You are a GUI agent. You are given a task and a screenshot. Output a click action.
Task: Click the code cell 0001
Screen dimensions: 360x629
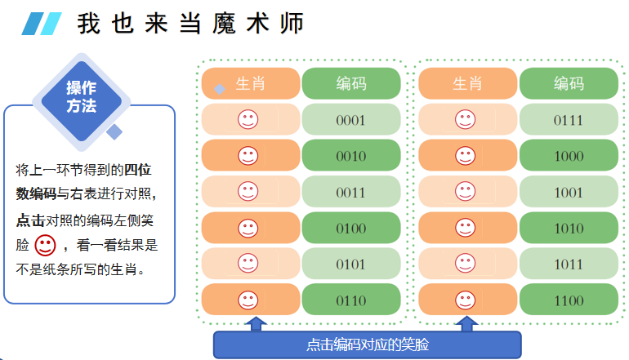point(350,120)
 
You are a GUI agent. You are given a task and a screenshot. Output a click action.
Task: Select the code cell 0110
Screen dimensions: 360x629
point(350,300)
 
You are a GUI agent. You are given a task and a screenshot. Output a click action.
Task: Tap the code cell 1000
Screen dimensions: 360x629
point(569,156)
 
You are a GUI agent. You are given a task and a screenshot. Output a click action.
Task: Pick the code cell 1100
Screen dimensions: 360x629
point(569,300)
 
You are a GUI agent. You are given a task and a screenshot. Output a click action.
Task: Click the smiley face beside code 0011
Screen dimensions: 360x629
point(248,192)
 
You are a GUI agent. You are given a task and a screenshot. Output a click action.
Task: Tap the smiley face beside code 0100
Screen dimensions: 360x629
point(248,228)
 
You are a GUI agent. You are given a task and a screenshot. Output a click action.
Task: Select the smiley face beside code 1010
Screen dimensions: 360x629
point(465,228)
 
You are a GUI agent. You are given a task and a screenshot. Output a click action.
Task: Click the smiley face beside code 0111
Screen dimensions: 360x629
point(465,120)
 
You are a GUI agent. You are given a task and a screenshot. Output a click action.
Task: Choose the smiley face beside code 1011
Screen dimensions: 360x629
point(465,264)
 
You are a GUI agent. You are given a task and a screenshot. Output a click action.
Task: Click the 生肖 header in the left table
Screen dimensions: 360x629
point(251,83)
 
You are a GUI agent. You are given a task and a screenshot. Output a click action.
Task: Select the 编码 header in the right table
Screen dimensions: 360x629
point(569,83)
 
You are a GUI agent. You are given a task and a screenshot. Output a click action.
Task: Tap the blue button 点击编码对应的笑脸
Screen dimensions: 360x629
point(367,344)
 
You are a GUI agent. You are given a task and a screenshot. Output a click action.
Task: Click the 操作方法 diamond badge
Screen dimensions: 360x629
point(81,98)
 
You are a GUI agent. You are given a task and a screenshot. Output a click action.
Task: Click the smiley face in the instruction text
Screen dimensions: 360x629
point(45,243)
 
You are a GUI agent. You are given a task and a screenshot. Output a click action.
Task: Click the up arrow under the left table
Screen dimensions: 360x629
point(257,324)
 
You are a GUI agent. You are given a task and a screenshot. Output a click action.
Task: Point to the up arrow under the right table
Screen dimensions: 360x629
point(467,324)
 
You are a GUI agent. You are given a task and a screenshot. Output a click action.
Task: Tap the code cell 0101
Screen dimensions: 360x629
point(350,264)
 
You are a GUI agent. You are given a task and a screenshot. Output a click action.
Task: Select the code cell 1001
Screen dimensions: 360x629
point(569,192)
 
